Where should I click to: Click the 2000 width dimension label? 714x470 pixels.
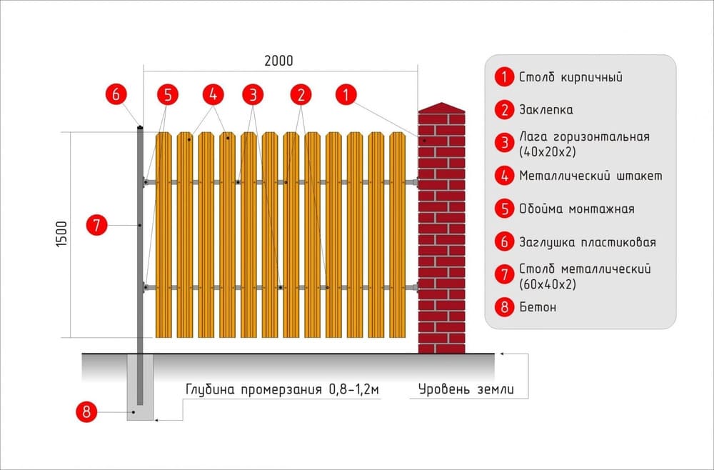(278, 61)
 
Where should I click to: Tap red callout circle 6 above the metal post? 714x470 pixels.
(116, 94)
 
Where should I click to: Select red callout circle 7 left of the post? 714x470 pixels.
(97, 225)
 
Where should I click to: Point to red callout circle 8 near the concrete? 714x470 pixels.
(86, 411)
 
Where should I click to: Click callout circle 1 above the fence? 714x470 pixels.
(346, 94)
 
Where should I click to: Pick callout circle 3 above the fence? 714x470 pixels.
(253, 94)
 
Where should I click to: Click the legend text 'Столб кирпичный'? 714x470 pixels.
(570, 77)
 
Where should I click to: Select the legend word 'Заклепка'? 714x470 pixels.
(545, 110)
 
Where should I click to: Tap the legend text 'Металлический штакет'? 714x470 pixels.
(590, 176)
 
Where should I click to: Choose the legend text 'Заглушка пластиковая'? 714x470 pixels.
(587, 242)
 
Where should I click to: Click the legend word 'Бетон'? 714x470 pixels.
(538, 307)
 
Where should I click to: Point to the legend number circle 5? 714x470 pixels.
(504, 209)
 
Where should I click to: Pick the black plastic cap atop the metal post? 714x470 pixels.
(140, 128)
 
